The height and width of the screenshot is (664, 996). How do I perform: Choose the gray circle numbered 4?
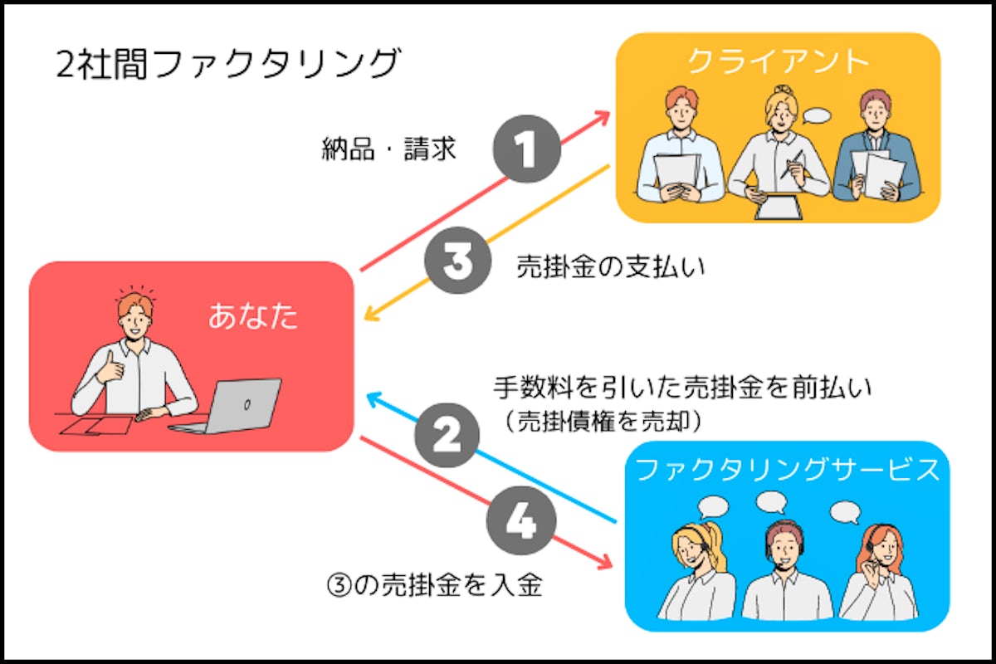tap(520, 522)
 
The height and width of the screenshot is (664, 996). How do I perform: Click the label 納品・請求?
tap(388, 150)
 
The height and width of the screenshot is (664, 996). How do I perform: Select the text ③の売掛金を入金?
tap(435, 585)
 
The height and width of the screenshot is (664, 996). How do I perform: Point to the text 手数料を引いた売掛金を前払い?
tap(682, 388)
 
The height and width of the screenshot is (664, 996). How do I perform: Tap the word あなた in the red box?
tap(252, 315)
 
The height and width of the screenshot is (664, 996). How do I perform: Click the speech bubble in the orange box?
tap(818, 117)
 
